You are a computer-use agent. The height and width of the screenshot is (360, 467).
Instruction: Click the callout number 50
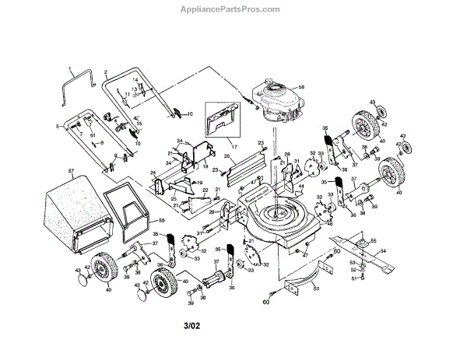tap(315, 289)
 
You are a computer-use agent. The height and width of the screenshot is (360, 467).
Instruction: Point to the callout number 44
tap(300, 186)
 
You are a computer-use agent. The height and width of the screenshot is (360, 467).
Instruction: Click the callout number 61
tap(91, 135)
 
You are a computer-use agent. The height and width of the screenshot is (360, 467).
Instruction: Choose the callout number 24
tap(153, 173)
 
